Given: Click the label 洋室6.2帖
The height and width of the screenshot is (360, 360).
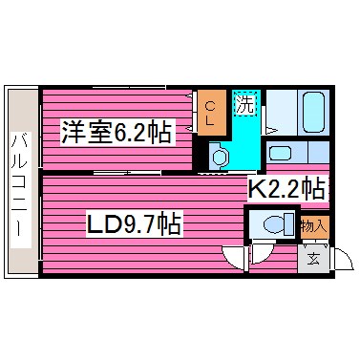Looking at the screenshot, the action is [x=116, y=131].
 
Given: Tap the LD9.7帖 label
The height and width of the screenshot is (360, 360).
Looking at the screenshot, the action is [x=134, y=226].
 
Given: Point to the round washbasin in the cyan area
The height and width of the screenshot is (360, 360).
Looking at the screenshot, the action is [x=220, y=156].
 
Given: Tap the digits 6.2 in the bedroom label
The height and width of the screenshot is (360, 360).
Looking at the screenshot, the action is [x=134, y=131].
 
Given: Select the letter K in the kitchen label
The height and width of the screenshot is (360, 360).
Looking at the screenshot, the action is [x=256, y=187].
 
